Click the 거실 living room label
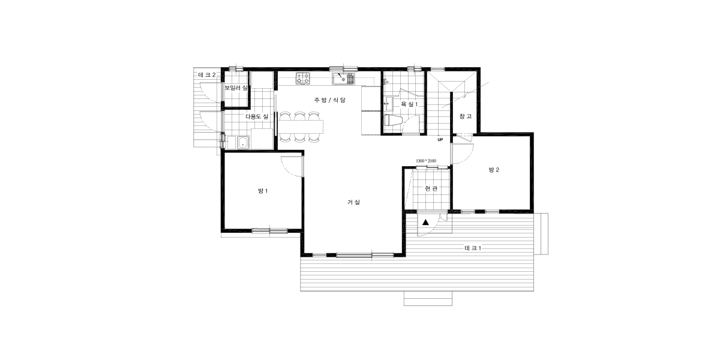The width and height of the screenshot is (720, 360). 354,202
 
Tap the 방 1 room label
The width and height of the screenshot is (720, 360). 263,191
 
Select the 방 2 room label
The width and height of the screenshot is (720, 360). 494,170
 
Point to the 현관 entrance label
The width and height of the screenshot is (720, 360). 431,188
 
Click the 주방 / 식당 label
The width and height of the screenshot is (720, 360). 330,100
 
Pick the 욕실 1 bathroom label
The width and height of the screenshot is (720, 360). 409,104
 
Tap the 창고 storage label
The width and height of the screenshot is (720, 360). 466,116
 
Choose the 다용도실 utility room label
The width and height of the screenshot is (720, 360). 257,116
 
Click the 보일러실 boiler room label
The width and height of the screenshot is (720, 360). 236,88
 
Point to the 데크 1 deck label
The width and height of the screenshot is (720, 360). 473,248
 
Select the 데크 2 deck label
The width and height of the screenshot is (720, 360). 207,75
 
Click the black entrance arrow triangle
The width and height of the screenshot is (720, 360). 425,222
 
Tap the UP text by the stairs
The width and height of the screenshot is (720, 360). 440,139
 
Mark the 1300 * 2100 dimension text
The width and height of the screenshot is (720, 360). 426,161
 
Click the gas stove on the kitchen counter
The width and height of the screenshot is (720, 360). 303,78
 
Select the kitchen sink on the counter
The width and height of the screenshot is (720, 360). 343,79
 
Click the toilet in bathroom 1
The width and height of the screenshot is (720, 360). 393,121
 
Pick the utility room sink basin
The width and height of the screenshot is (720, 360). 243,142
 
